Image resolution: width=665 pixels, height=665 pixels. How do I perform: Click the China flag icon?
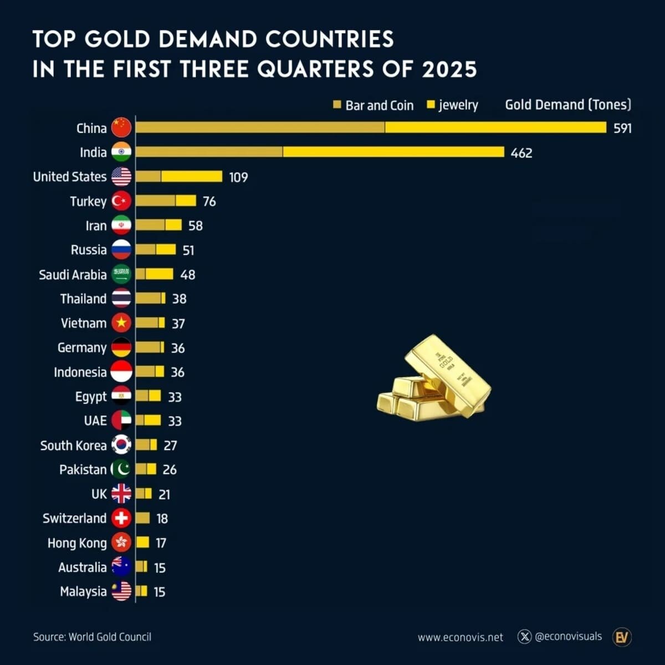click(x=121, y=127)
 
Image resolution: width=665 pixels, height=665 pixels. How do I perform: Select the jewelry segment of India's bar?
click(x=393, y=152)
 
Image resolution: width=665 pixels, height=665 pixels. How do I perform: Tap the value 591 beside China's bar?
click(x=622, y=128)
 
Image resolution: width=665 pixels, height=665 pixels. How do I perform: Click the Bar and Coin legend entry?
click(x=373, y=105)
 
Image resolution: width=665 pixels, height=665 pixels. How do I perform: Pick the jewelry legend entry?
click(x=452, y=105)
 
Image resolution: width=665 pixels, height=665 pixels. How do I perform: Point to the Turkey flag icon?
click(x=121, y=201)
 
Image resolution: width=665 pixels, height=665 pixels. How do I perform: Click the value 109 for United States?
click(x=238, y=177)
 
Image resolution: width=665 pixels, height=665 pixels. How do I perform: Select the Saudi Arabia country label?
click(x=73, y=274)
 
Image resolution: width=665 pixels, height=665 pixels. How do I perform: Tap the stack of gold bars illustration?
click(x=433, y=378)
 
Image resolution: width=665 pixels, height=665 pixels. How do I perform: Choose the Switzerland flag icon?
click(x=121, y=518)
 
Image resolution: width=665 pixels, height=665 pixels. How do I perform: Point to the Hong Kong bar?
click(x=142, y=543)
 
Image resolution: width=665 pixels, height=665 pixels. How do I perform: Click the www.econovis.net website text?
click(x=460, y=637)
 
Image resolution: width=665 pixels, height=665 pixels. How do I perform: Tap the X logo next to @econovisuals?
click(x=524, y=637)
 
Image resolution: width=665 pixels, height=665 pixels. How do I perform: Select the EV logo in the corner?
click(x=622, y=637)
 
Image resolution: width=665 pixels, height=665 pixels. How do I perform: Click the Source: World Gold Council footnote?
click(x=92, y=637)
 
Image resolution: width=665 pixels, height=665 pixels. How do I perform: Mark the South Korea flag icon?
click(x=121, y=445)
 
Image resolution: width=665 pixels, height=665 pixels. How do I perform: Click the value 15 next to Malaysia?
click(x=160, y=592)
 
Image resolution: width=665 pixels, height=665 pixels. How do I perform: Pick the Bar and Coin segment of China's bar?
click(x=260, y=127)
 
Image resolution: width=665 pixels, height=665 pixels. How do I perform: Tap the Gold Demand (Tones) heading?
click(x=567, y=105)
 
